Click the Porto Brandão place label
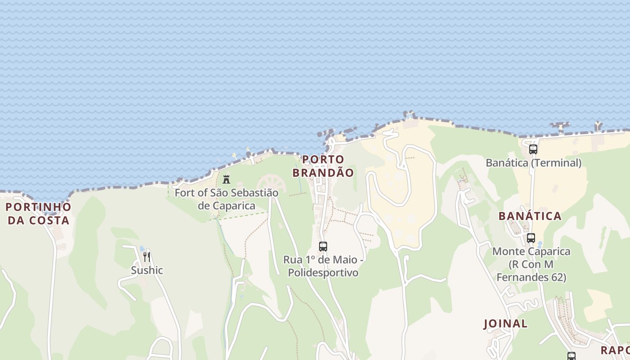tap(323, 166)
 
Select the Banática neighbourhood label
tap(530, 216)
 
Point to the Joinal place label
tap(505, 324)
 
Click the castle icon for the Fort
tap(226, 180)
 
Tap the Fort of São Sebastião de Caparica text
tap(226, 199)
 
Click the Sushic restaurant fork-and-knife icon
tap(147, 257)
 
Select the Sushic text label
tap(147, 270)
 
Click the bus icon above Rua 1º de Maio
tap(323, 247)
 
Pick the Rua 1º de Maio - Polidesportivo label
tap(323, 266)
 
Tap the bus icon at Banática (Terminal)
tap(533, 149)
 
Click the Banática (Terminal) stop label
tap(533, 163)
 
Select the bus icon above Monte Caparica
tap(531, 238)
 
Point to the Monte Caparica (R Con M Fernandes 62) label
tap(531, 264)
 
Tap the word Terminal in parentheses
tap(557, 163)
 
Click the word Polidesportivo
tap(323, 273)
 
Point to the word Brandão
tap(323, 172)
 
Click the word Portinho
tap(38, 207)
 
